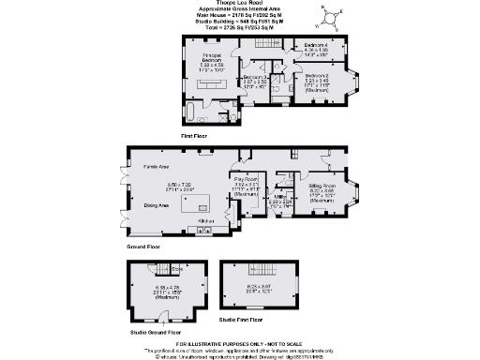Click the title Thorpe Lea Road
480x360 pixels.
pos(237,4)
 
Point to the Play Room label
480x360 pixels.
pos(247,179)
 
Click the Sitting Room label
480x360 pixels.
pos(321,187)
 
